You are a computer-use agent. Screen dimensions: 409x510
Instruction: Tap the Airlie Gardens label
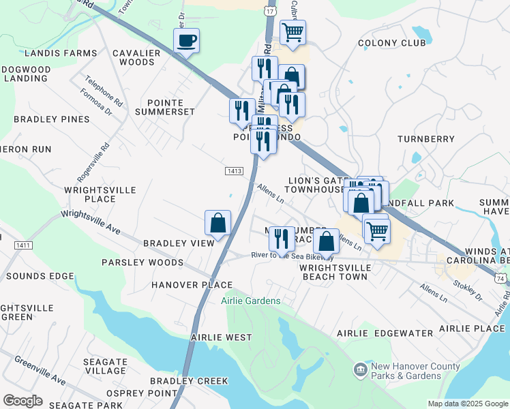(250, 301)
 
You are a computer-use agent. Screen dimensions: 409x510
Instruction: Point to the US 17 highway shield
(271, 11)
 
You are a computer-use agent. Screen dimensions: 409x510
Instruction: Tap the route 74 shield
(501, 279)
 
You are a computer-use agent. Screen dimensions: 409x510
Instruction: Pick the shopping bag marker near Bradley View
(218, 223)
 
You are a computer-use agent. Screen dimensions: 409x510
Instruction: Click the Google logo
(22, 401)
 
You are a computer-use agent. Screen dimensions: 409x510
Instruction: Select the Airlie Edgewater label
(385, 333)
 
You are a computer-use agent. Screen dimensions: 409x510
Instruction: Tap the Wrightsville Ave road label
(90, 222)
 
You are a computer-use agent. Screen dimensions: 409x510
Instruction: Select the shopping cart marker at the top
(292, 33)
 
